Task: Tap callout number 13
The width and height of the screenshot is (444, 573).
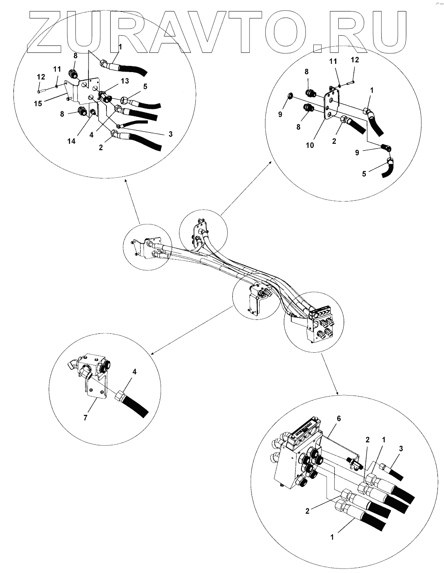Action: (x=125, y=81)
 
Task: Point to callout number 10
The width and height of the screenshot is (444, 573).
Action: (x=310, y=145)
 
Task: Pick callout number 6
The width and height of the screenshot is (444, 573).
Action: (x=338, y=419)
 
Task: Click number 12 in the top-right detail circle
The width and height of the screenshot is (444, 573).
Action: (x=355, y=60)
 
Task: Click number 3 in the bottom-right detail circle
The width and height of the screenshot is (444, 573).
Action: (x=401, y=449)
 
